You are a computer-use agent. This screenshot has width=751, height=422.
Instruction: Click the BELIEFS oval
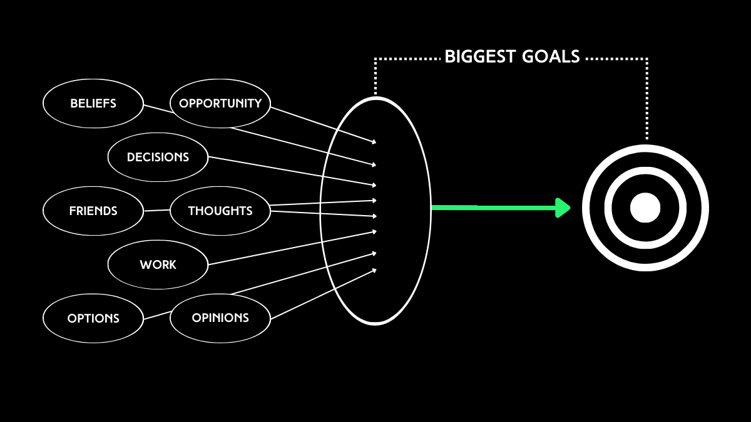[x=93, y=104]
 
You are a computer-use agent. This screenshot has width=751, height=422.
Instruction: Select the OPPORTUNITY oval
[x=220, y=104]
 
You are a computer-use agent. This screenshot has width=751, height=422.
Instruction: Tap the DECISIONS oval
[x=158, y=158]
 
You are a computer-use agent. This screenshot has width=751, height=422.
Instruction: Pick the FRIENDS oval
[x=93, y=211]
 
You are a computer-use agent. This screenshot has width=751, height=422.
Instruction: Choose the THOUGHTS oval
[x=220, y=211]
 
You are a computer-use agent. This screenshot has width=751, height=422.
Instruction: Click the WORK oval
[x=158, y=265]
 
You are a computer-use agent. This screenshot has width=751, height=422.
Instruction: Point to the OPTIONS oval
[x=93, y=318]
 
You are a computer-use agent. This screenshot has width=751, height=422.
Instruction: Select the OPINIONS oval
[x=220, y=318]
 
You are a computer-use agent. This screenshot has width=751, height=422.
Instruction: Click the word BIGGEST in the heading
[x=479, y=58]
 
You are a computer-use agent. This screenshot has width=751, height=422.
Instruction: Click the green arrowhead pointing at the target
[x=563, y=208]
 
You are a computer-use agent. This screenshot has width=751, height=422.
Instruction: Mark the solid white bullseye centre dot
[x=645, y=208]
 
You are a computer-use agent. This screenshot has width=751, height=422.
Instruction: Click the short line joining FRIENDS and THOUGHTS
[x=156, y=211]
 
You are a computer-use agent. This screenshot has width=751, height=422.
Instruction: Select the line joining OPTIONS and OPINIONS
[x=156, y=315]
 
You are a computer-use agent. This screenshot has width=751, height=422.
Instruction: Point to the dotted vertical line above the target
[x=647, y=100]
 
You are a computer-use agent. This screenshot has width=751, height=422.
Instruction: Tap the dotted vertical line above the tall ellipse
[x=375, y=78]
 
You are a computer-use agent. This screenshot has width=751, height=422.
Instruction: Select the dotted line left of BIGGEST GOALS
[x=407, y=59]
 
